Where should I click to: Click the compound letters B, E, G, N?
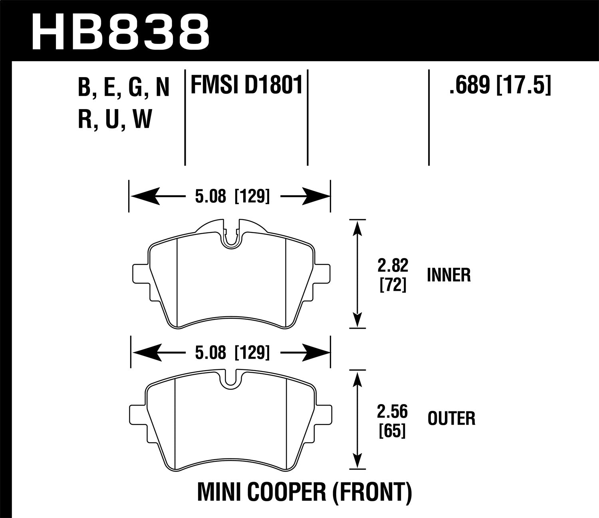[x=124, y=87]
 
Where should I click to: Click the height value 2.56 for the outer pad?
[x=393, y=411]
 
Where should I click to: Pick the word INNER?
[x=449, y=275]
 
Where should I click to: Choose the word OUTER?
[x=451, y=419]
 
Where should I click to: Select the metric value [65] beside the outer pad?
[x=393, y=431]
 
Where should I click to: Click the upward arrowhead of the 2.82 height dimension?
[x=358, y=228]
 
